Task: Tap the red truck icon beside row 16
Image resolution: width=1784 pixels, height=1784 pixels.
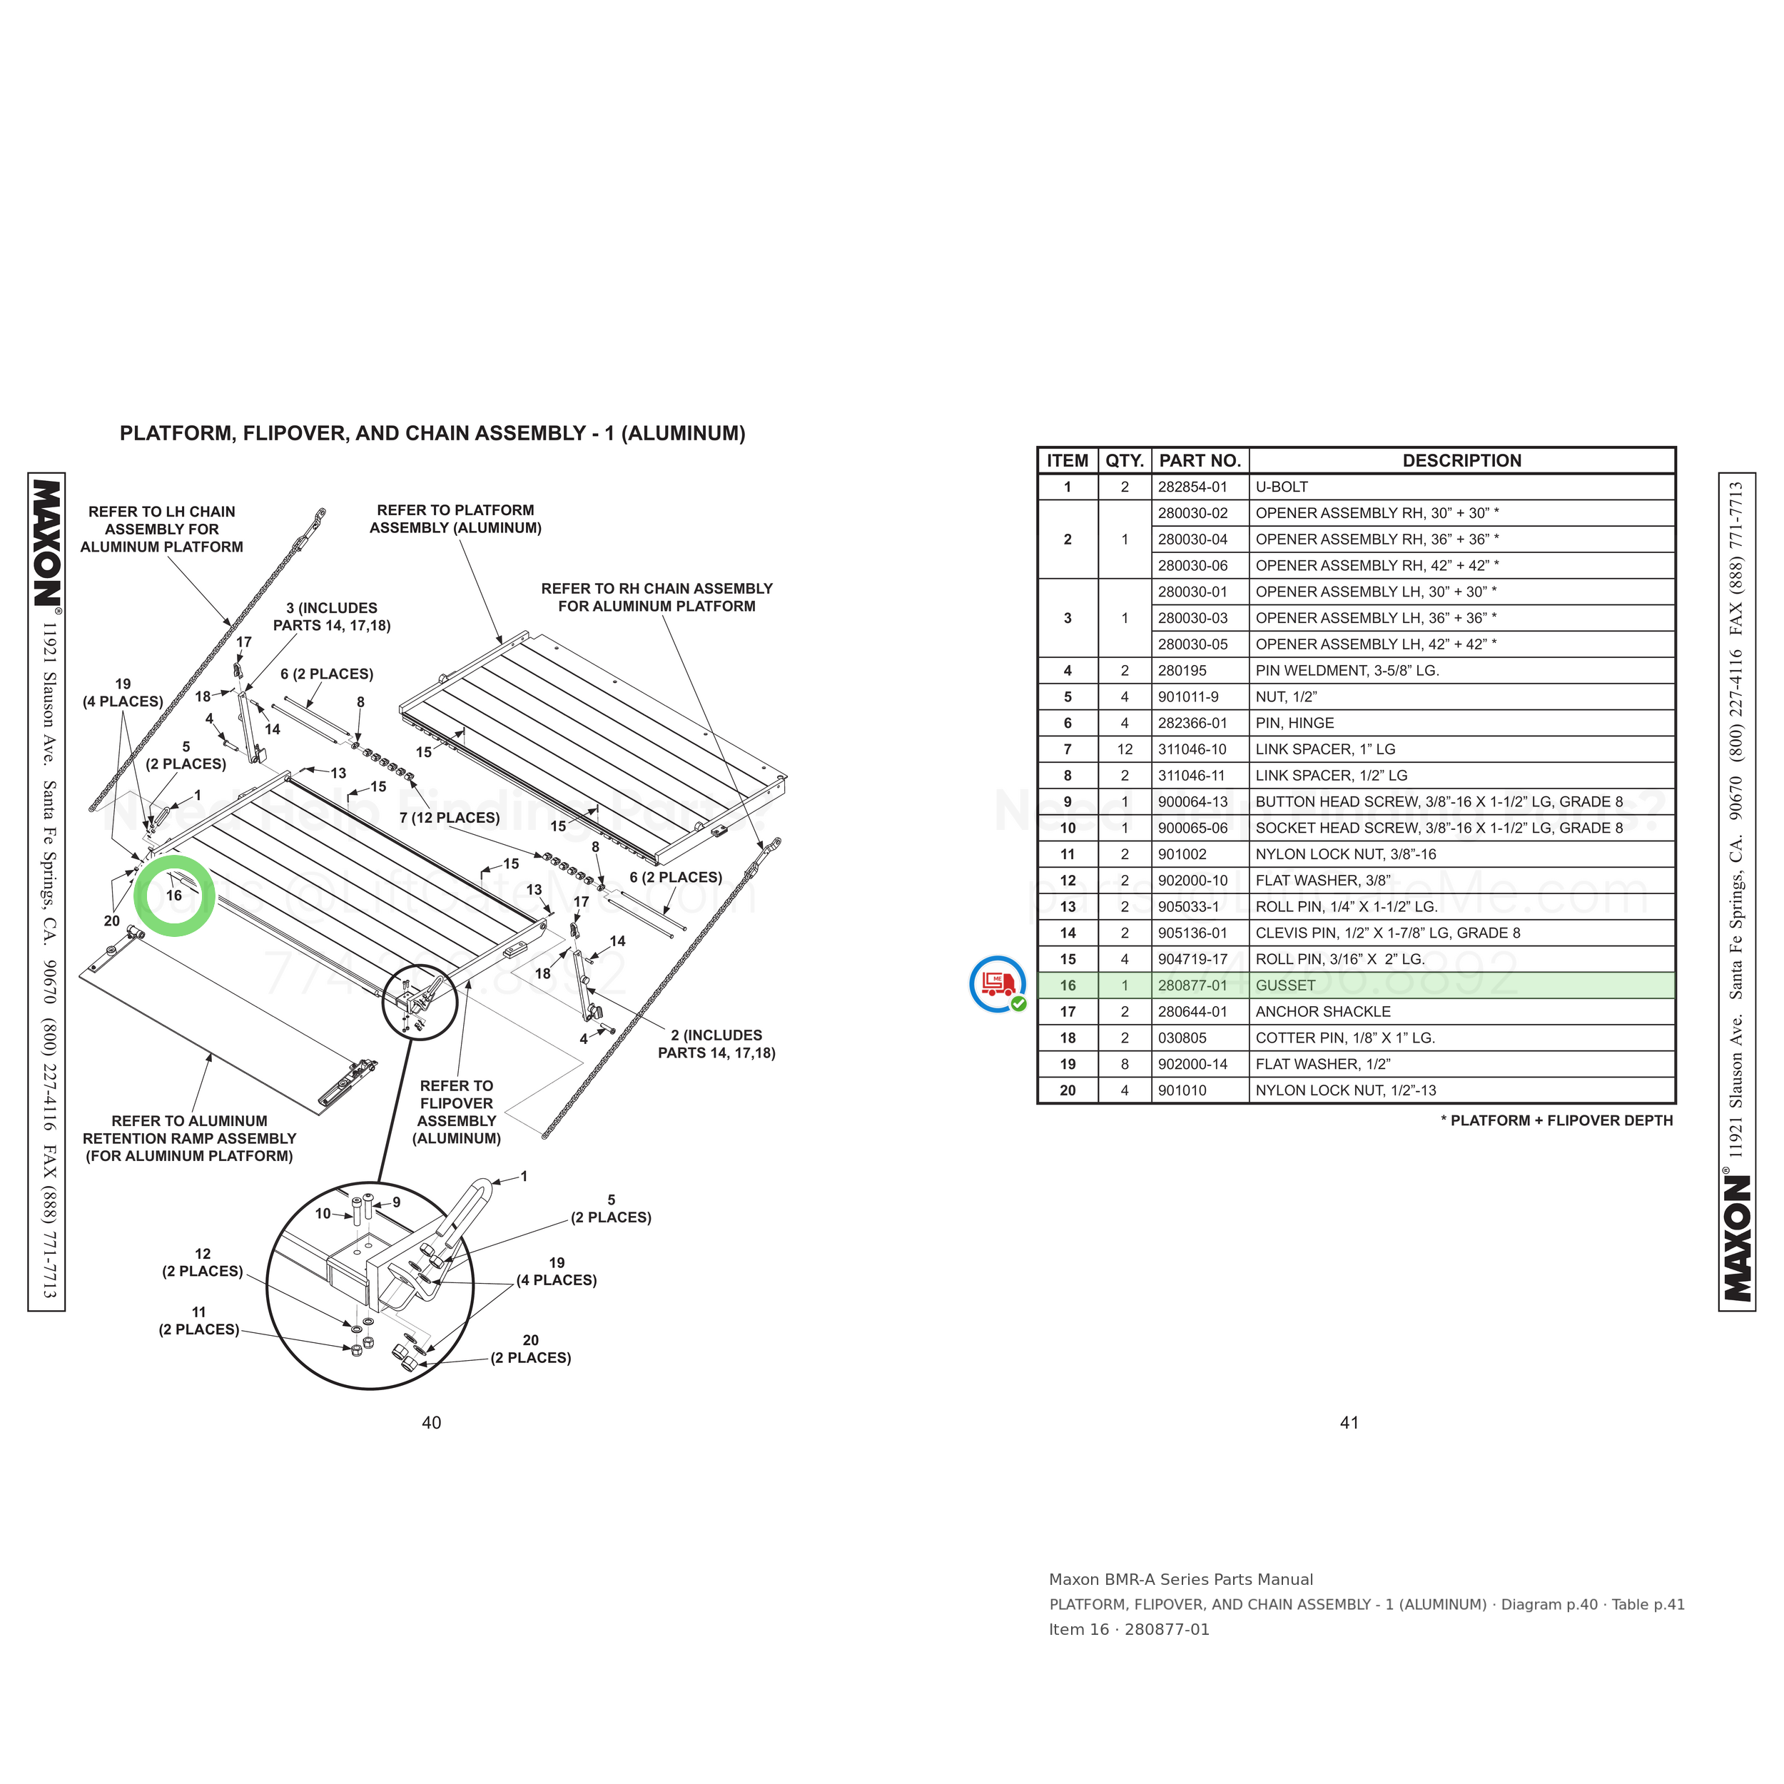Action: tap(998, 984)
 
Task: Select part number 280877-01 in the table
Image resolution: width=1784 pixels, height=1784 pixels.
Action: tap(1193, 985)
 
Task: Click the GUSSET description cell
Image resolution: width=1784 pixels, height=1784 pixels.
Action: tap(1285, 985)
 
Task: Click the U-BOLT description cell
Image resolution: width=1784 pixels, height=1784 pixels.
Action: tap(1282, 487)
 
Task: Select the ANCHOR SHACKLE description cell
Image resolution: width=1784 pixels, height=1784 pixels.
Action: tap(1323, 1012)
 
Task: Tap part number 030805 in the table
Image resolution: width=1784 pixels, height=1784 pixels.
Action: tap(1182, 1038)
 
